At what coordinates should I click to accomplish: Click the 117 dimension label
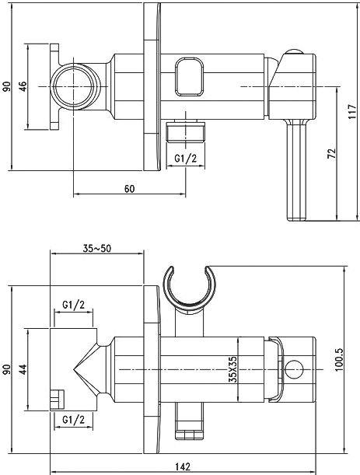click(x=352, y=111)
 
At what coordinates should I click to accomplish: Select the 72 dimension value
click(x=332, y=153)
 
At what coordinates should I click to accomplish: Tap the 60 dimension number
click(x=129, y=189)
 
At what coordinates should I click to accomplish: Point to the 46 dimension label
click(x=23, y=86)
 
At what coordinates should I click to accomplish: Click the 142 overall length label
click(x=183, y=466)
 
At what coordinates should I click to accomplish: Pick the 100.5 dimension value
click(x=338, y=360)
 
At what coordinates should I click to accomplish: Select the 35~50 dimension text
click(x=97, y=249)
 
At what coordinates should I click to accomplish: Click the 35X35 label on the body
click(x=232, y=369)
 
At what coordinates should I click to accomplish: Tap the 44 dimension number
click(x=23, y=369)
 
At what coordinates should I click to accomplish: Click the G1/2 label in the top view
click(x=186, y=158)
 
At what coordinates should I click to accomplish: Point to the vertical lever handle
click(x=298, y=169)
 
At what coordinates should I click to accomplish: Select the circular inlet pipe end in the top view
click(x=75, y=86)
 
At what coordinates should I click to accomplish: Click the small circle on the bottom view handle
click(x=294, y=369)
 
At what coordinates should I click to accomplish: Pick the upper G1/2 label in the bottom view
click(x=74, y=305)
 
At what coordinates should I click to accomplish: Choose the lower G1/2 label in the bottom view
click(x=74, y=420)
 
